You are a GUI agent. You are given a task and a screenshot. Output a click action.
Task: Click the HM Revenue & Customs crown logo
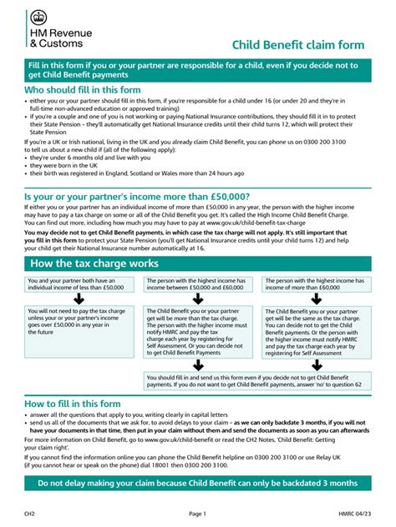tap(38, 18)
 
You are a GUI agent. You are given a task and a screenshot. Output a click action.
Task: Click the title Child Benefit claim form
tap(302, 44)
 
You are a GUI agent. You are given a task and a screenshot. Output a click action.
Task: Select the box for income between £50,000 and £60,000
tap(197, 284)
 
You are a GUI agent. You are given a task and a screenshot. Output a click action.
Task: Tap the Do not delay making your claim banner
tap(198, 484)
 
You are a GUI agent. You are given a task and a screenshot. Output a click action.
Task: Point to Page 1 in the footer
tap(197, 514)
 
